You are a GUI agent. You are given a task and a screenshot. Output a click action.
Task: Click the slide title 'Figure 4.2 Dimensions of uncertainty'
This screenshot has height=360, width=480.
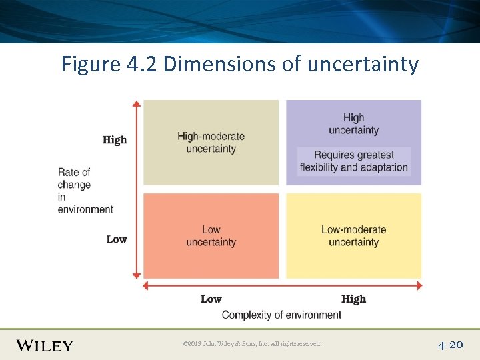click(240, 65)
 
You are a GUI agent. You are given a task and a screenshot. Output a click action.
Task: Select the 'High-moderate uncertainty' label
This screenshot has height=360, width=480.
click(211, 142)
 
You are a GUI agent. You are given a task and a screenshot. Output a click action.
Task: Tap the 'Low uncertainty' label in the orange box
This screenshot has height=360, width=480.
click(211, 236)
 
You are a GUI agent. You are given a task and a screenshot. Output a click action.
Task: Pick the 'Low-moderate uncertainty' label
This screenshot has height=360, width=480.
click(353, 236)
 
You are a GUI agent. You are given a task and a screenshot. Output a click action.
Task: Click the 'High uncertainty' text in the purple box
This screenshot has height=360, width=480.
click(353, 124)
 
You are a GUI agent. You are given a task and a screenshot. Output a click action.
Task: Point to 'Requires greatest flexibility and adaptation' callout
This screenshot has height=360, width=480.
click(353, 161)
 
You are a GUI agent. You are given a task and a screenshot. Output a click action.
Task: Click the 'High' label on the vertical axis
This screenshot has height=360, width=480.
click(115, 140)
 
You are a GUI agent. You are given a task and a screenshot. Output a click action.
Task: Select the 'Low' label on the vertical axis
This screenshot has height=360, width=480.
click(117, 239)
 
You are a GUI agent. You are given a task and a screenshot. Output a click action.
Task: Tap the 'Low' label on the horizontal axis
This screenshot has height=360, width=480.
click(211, 299)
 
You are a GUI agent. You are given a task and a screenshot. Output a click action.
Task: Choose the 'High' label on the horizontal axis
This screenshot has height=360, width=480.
click(353, 299)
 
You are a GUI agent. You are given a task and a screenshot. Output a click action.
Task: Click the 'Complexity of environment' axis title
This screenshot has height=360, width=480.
click(281, 315)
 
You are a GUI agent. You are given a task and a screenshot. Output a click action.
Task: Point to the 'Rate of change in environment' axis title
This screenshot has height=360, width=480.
click(85, 191)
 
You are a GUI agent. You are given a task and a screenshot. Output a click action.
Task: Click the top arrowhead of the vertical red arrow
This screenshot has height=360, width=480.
click(137, 104)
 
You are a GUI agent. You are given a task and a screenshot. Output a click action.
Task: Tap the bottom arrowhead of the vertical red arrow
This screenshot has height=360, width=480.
click(137, 274)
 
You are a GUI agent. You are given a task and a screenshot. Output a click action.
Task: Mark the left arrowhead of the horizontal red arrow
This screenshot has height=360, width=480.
click(148, 285)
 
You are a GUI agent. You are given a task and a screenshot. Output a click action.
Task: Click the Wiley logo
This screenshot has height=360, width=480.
click(45, 345)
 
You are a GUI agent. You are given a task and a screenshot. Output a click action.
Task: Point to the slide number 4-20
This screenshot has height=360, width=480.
click(450, 345)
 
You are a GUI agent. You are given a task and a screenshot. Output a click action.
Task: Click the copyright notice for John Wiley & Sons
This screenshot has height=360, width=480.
click(252, 344)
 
